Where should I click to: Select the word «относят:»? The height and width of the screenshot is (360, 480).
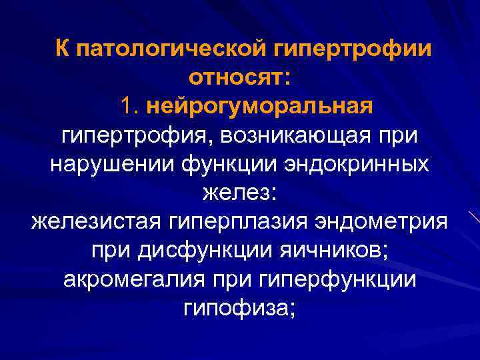pos(239,78)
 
